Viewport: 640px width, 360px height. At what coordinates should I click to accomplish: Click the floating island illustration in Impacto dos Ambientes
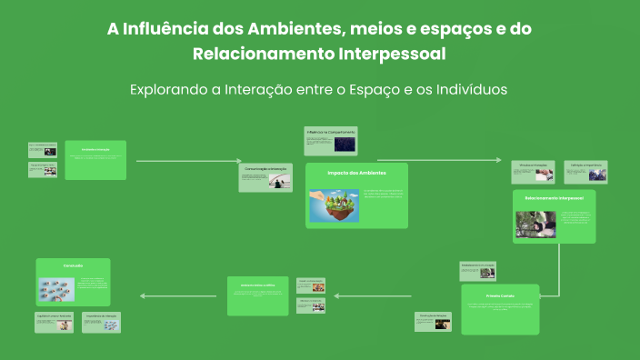[x=334, y=205]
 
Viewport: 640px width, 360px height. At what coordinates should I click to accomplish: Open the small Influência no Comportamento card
[x=331, y=141]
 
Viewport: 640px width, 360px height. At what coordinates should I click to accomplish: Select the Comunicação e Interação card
[x=265, y=177]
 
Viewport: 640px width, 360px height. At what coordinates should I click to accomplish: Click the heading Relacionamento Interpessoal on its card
[x=554, y=196]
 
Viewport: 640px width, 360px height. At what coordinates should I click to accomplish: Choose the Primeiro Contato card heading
[x=499, y=295]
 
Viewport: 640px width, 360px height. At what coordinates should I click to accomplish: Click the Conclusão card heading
[x=73, y=265]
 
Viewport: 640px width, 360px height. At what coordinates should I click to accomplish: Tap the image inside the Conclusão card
[x=56, y=290]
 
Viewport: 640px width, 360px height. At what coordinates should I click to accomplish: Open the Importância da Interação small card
[x=101, y=322]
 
